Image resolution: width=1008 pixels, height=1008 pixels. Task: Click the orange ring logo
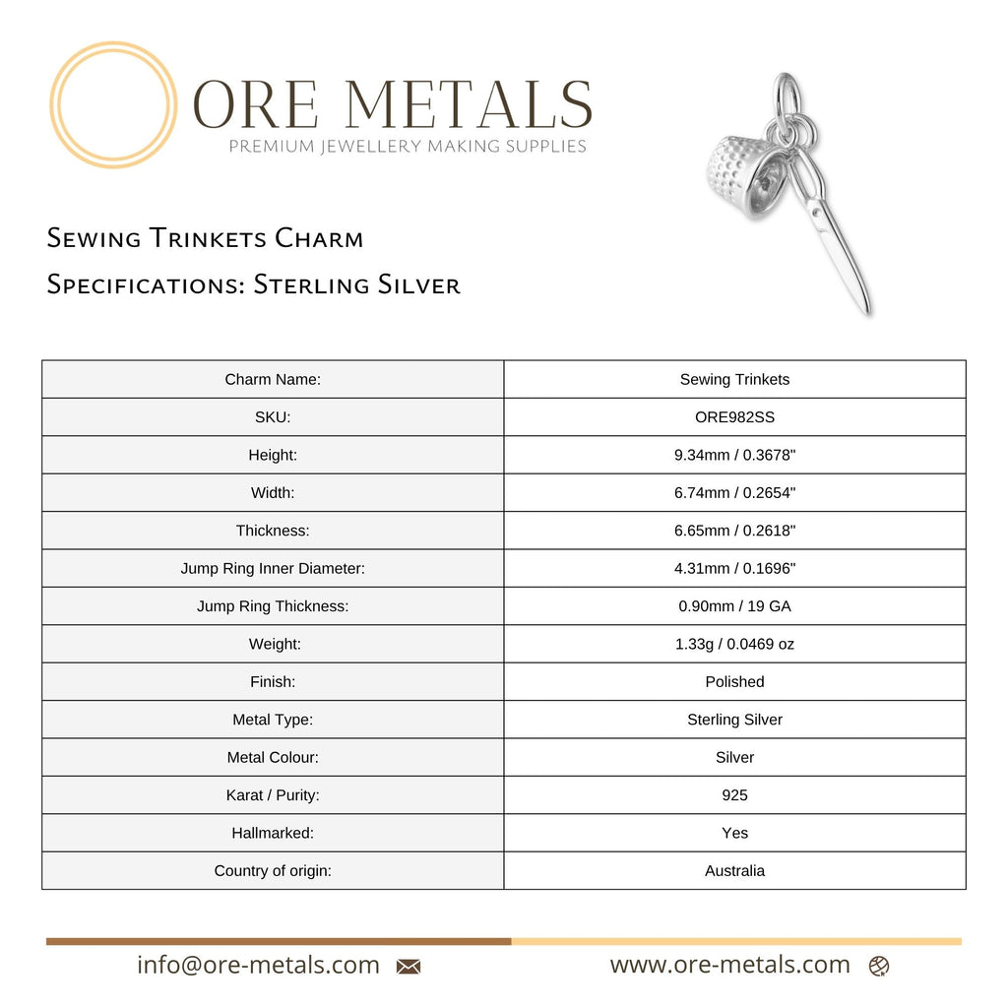pyautogui.click(x=113, y=105)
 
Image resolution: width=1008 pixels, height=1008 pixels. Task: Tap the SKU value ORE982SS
pyautogui.click(x=734, y=417)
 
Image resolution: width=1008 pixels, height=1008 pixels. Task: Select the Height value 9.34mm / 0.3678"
pyautogui.click(x=734, y=455)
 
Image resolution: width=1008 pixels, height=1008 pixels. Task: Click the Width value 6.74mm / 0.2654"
pyautogui.click(x=734, y=492)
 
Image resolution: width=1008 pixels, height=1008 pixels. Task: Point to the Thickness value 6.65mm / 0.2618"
pyautogui.click(x=734, y=531)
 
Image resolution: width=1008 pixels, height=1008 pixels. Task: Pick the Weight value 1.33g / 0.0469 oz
pyautogui.click(x=734, y=644)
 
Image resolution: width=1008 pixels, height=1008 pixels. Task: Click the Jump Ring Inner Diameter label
pyautogui.click(x=273, y=568)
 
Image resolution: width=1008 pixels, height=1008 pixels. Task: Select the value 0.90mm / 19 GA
pyautogui.click(x=734, y=606)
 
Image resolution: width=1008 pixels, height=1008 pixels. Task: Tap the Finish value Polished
pyautogui.click(x=734, y=681)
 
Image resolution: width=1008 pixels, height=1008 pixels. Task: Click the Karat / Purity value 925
pyautogui.click(x=734, y=794)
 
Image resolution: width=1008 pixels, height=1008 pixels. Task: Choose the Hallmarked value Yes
pyautogui.click(x=734, y=833)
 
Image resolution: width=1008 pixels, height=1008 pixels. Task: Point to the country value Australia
pyautogui.click(x=734, y=870)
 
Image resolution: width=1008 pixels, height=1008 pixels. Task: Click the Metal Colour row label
pyautogui.click(x=273, y=757)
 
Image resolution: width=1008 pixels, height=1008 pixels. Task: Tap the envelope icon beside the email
pyautogui.click(x=409, y=967)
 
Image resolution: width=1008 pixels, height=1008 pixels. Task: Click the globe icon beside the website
pyautogui.click(x=879, y=967)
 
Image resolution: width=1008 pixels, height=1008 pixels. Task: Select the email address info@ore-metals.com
pyautogui.click(x=258, y=965)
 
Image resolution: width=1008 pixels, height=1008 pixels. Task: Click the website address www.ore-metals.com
pyautogui.click(x=729, y=965)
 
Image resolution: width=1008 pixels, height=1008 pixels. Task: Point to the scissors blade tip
pyautogui.click(x=866, y=310)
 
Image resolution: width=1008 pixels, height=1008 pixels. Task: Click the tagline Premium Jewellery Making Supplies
pyautogui.click(x=408, y=147)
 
